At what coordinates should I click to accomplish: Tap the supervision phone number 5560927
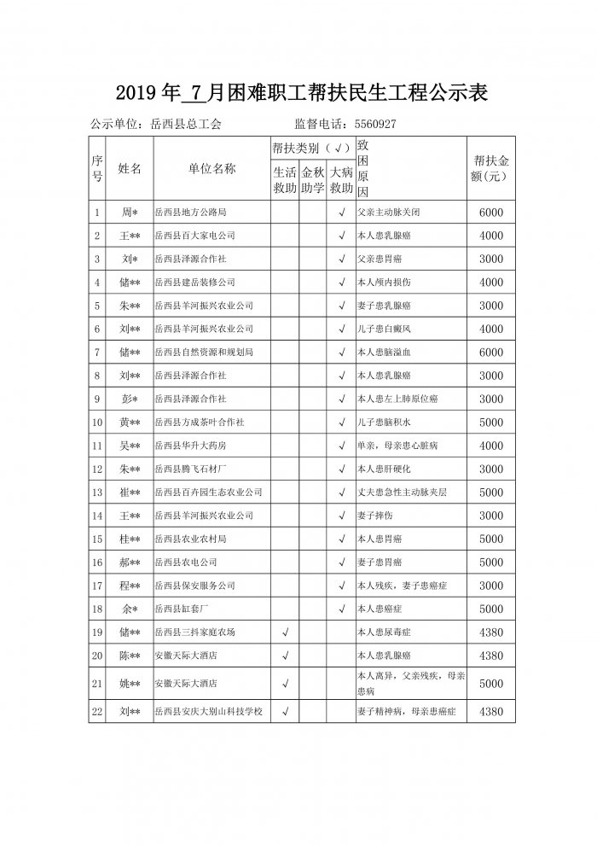tap(364, 125)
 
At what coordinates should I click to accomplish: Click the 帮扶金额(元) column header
tap(491, 169)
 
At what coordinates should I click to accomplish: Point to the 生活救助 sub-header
tap(284, 180)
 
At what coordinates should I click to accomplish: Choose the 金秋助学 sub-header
tap(313, 180)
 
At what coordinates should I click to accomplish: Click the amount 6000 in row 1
tap(491, 212)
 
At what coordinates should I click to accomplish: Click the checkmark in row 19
tap(284, 632)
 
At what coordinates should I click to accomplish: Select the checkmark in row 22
tap(284, 710)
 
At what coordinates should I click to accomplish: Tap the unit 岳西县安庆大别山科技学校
tap(207, 710)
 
